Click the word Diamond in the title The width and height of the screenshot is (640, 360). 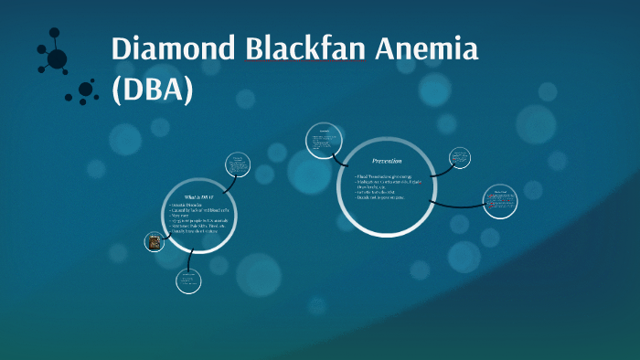(173, 50)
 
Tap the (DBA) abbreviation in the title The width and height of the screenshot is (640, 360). (154, 91)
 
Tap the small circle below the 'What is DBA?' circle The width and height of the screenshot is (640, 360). (188, 280)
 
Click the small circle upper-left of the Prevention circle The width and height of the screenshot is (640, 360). (323, 141)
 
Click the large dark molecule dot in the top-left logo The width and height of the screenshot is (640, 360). (57, 59)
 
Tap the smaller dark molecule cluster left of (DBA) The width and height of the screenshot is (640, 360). (86, 90)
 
